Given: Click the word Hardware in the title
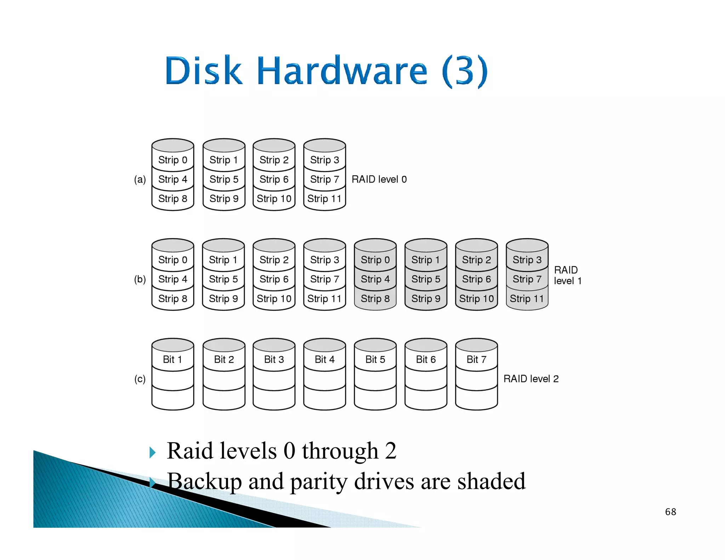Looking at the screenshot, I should pyautogui.click(x=342, y=71).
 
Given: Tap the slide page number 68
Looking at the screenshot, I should pyautogui.click(x=670, y=512).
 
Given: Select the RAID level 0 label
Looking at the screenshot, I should pyautogui.click(x=379, y=179).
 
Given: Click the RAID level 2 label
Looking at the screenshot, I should pyautogui.click(x=531, y=379).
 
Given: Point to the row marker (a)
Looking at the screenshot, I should pyautogui.click(x=140, y=179).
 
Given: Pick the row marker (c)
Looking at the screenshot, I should pyautogui.click(x=140, y=379).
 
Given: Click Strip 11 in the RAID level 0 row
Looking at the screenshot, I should pyautogui.click(x=324, y=199).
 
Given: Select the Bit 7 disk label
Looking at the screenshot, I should pyautogui.click(x=476, y=360).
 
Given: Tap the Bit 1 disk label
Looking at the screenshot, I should pyautogui.click(x=172, y=360).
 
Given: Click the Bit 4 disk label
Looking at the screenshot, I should pyautogui.click(x=324, y=360).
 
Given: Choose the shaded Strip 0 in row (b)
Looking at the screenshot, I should pyautogui.click(x=375, y=260).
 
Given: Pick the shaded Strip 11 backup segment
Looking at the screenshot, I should pyautogui.click(x=527, y=299).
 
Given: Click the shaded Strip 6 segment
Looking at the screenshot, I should pyautogui.click(x=476, y=279).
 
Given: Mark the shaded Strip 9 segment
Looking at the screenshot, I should pyautogui.click(x=426, y=299).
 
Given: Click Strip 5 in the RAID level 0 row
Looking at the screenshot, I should pyautogui.click(x=224, y=179).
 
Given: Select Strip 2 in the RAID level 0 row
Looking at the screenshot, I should pyautogui.click(x=274, y=160).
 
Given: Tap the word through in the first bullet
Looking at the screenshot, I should pyautogui.click(x=340, y=451).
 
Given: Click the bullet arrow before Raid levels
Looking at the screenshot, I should pyautogui.click(x=153, y=452).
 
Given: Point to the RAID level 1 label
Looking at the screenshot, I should pyautogui.click(x=567, y=275).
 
